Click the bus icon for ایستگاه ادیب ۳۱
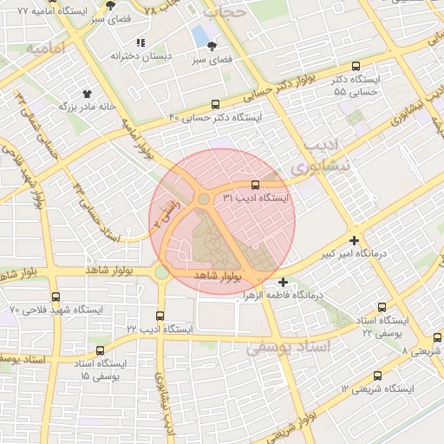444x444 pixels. [255, 185]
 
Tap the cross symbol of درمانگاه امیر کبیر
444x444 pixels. [354, 240]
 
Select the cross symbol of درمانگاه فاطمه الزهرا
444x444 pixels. [283, 282]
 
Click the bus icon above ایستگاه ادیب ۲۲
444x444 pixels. [159, 316]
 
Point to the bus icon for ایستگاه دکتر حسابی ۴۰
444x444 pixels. [215, 102]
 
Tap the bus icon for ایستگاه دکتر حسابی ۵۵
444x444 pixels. [356, 66]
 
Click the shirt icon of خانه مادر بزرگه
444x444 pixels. [87, 93]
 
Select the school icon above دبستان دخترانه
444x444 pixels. [140, 42]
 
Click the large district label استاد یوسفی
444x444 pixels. [289, 347]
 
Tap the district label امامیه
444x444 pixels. [45, 48]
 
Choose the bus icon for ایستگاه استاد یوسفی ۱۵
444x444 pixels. [101, 350]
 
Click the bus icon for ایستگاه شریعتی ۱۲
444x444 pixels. [376, 375]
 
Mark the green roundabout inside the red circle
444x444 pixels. [203, 199]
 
